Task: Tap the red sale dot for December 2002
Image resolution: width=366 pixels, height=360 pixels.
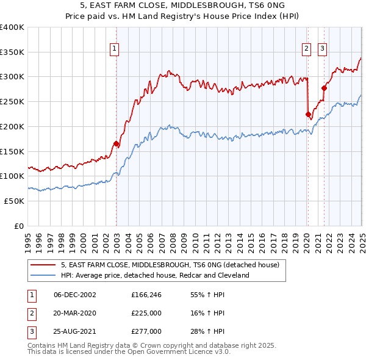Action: (x=116, y=143)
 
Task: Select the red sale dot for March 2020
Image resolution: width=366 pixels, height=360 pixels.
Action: (x=308, y=114)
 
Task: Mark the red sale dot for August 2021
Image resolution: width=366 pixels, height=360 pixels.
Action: (x=324, y=88)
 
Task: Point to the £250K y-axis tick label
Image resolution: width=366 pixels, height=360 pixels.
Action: (x=12, y=102)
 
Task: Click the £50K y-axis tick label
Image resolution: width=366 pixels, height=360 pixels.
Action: (x=15, y=201)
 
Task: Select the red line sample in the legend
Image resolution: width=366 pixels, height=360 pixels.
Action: (x=43, y=265)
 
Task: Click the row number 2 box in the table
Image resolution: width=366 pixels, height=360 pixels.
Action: (x=30, y=313)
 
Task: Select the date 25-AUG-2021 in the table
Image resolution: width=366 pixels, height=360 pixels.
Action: (x=74, y=331)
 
